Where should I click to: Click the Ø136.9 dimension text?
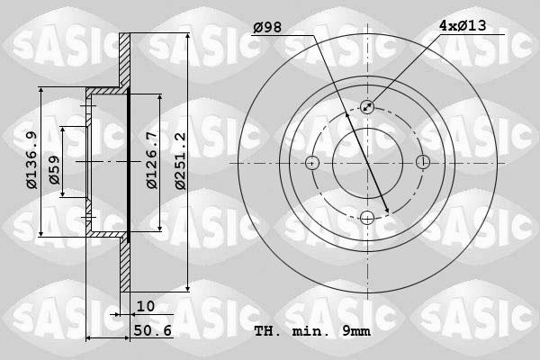pyautogui.click(x=31, y=160)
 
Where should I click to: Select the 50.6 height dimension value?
pyautogui.click(x=152, y=331)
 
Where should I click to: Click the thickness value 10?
pyautogui.click(x=146, y=307)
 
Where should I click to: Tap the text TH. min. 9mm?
pyautogui.click(x=312, y=332)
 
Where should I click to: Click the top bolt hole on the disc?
pyautogui.click(x=367, y=107)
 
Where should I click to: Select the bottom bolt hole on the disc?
pyautogui.click(x=367, y=218)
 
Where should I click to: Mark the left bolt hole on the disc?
pyautogui.click(x=312, y=163)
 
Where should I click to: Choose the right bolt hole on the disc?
pyautogui.click(x=422, y=163)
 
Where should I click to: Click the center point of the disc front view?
pyautogui.click(x=367, y=163)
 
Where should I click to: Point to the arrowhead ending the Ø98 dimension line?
pyautogui.click(x=387, y=212)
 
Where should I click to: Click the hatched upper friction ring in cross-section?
pyautogui.click(x=125, y=63)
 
